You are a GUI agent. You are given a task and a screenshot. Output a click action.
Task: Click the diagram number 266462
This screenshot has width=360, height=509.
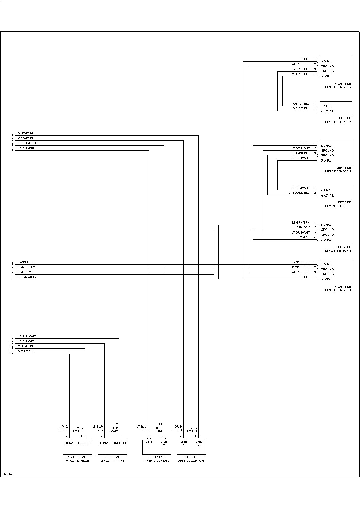[7, 474]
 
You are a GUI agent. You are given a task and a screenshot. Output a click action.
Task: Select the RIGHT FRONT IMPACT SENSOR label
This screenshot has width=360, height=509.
[77, 459]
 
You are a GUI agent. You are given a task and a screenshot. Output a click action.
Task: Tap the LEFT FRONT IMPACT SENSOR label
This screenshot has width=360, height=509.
[112, 459]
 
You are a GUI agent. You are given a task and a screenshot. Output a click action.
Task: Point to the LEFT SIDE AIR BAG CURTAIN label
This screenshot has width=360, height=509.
[156, 459]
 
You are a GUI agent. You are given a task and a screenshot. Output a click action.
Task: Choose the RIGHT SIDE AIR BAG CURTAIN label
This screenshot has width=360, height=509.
[191, 459]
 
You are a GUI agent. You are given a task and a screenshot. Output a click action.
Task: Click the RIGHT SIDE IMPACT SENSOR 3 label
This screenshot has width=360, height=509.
[338, 120]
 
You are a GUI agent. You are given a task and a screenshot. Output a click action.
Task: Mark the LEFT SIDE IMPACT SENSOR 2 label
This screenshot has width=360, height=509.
[338, 169]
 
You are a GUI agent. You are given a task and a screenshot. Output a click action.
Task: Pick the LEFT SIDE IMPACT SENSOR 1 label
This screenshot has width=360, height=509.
[338, 249]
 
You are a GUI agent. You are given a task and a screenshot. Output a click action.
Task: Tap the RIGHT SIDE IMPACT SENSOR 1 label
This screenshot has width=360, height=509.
[338, 288]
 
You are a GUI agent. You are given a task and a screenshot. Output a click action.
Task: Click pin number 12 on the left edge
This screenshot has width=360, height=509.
[12, 353]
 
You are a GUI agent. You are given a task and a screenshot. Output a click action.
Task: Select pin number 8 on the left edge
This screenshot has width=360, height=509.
[12, 278]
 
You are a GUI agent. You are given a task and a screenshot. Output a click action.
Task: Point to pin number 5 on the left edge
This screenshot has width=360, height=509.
[12, 264]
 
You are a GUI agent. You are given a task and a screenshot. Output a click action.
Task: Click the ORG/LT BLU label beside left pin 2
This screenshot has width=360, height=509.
[27, 138]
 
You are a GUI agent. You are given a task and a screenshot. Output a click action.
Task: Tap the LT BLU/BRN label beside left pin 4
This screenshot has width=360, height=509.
[27, 148]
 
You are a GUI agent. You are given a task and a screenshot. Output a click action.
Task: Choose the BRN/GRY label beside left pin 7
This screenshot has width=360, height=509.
[25, 272]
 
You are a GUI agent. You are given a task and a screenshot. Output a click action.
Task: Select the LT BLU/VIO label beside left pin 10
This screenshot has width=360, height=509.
[26, 341]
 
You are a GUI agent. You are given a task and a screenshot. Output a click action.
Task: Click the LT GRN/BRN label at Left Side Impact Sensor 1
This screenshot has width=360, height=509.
[300, 222]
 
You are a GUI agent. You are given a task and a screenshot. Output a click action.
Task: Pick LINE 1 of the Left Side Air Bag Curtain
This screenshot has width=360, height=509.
[149, 443]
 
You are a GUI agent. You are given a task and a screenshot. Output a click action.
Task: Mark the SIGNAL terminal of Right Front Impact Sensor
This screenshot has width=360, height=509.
[70, 443]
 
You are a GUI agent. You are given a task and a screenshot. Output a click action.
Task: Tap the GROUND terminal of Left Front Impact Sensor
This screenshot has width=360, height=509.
[119, 443]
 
